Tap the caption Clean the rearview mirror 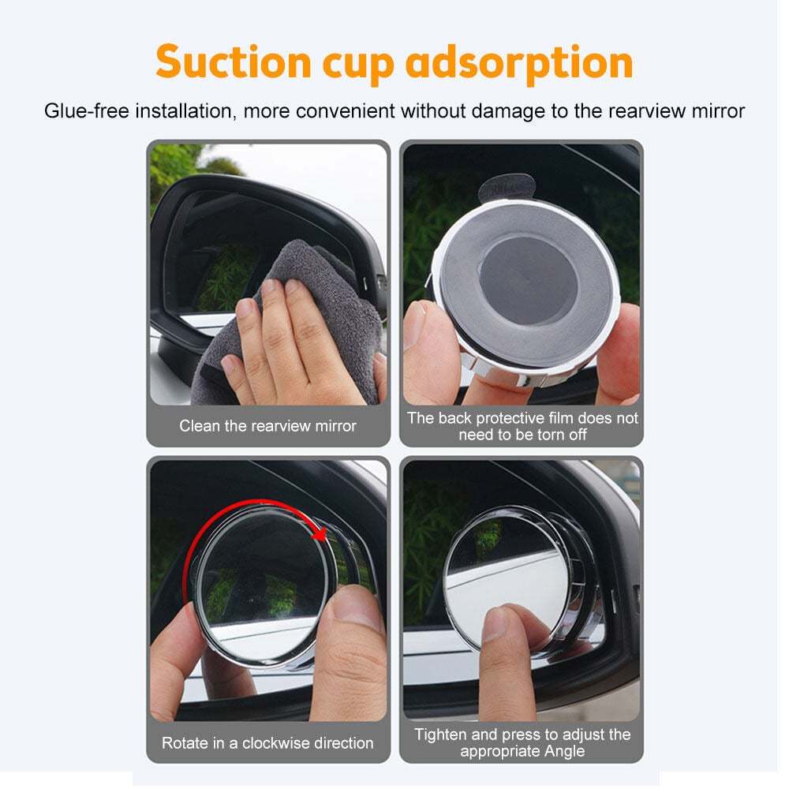coord(267,426)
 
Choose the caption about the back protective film coord(522,426)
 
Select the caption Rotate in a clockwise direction coord(267,742)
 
